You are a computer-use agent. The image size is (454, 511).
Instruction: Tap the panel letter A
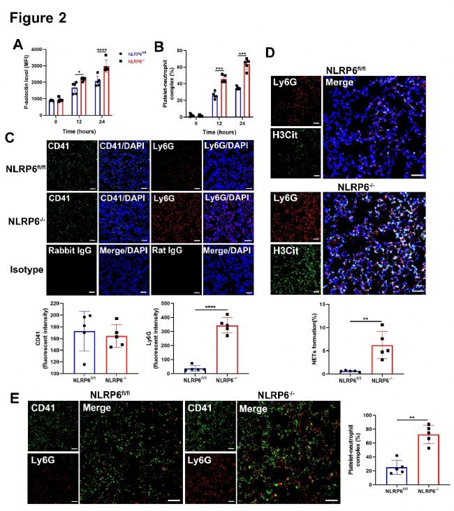click(x=19, y=45)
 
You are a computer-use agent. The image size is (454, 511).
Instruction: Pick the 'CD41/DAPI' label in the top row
click(x=118, y=145)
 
